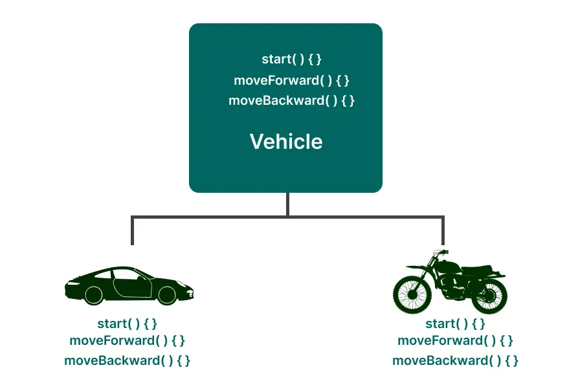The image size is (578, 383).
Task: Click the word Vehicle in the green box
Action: click(286, 142)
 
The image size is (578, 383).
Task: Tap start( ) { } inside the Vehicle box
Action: click(291, 60)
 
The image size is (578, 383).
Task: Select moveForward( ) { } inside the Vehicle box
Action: click(291, 80)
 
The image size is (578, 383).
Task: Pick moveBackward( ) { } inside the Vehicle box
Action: click(291, 101)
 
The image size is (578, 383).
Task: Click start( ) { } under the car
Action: click(128, 323)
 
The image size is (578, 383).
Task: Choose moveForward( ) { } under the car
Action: click(128, 340)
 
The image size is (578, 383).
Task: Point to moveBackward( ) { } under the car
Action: click(128, 360)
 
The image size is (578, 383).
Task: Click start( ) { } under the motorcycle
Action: click(455, 323)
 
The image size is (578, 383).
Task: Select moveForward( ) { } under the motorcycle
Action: click(455, 340)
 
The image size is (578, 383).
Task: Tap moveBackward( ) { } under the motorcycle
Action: click(455, 360)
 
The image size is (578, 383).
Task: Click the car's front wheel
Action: click(167, 295)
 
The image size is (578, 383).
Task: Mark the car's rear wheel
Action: click(94, 295)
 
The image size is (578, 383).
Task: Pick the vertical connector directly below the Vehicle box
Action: click(287, 204)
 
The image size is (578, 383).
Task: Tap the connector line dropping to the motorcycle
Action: click(443, 231)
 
